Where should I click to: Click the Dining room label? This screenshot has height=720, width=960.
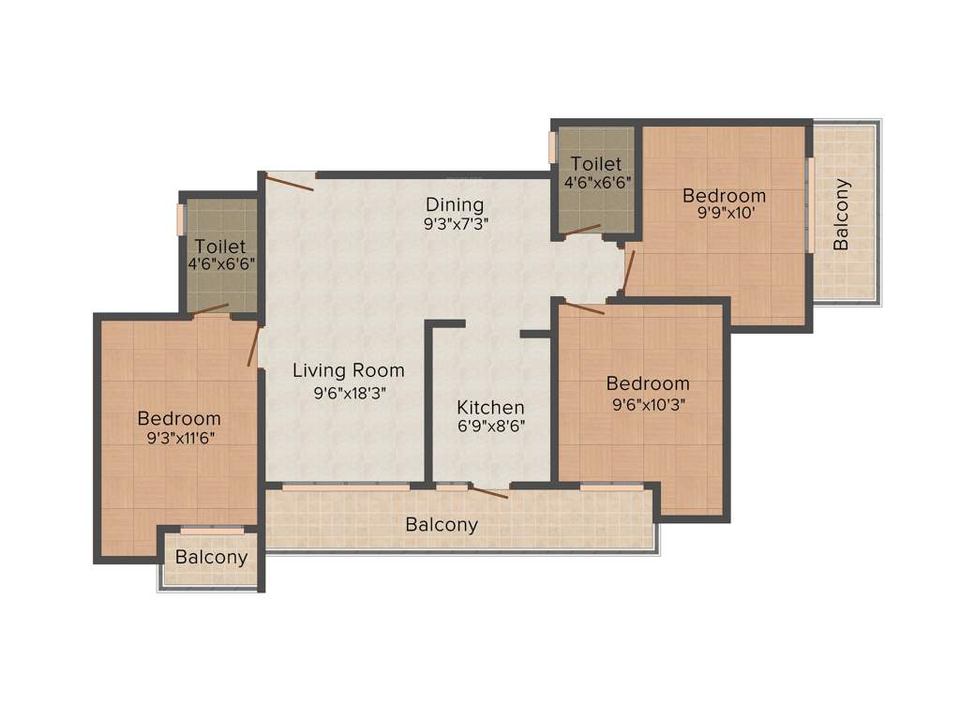(455, 204)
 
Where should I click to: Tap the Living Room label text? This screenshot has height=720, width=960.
(347, 370)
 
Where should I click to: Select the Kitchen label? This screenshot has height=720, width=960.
(490, 408)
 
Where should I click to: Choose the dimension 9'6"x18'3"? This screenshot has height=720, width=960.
(350, 393)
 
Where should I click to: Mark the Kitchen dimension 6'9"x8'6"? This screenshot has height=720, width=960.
(490, 427)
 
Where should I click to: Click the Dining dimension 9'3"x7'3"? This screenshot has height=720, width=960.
(455, 223)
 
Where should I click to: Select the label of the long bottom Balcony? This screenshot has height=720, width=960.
(442, 525)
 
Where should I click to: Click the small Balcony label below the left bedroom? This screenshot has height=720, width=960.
(212, 558)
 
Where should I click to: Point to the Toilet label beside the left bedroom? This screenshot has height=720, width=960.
(220, 247)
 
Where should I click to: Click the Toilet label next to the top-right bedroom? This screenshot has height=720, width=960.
(595, 164)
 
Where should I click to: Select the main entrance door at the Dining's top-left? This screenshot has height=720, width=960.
(290, 181)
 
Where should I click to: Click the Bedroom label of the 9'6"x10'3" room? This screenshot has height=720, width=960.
(647, 383)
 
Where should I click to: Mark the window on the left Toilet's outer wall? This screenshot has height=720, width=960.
(181, 218)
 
